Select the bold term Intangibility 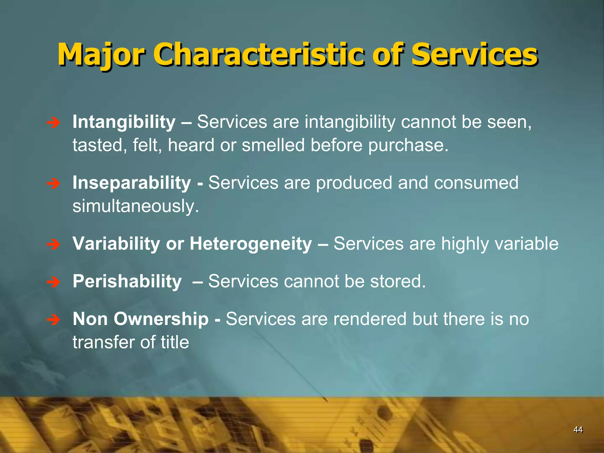tap(124, 122)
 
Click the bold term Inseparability tap(132, 183)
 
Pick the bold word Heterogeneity tap(251, 244)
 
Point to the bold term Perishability tap(127, 281)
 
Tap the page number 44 tap(578, 430)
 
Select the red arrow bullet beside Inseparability tap(53, 184)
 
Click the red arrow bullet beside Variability tap(53, 244)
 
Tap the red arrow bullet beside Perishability tap(53, 282)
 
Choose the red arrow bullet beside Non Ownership tap(53, 320)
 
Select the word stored tap(398, 281)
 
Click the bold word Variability tap(116, 244)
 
